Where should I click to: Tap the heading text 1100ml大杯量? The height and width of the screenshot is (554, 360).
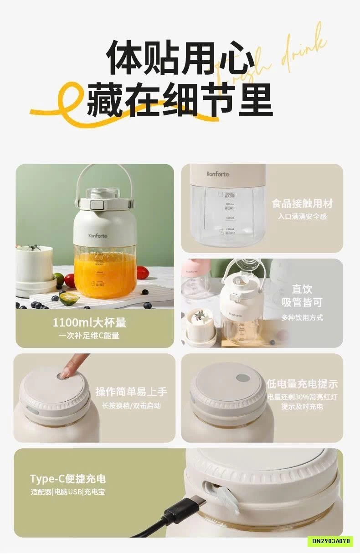click(89, 323)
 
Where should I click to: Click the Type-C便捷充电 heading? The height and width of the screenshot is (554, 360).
click(67, 478)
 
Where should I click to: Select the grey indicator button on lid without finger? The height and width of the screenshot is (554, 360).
click(243, 378)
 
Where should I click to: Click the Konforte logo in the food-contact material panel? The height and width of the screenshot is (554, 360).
click(218, 174)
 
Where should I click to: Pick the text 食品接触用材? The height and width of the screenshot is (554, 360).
click(302, 203)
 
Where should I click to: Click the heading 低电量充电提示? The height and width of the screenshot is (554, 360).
click(302, 384)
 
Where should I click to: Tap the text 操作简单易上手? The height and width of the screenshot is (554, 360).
click(131, 392)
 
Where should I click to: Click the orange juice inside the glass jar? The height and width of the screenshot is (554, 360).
click(105, 274)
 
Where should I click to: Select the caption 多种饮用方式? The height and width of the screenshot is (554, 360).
click(302, 318)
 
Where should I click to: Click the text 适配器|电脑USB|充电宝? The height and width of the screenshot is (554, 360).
click(67, 492)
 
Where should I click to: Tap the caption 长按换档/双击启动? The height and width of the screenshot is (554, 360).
click(131, 405)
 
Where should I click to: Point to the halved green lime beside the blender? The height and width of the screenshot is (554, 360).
click(69, 299)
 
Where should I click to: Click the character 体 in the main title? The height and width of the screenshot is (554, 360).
click(124, 58)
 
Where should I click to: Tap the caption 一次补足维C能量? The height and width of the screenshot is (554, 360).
click(89, 336)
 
